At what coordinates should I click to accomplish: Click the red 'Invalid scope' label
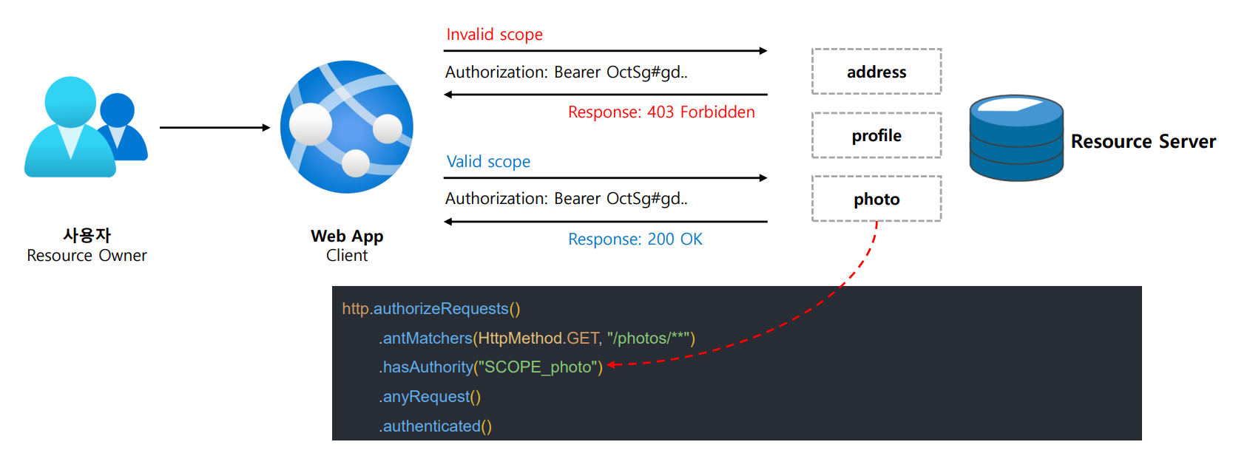pos(494,35)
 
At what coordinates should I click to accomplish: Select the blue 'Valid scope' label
pos(488,162)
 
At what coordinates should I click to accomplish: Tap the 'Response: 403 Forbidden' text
pos(661,112)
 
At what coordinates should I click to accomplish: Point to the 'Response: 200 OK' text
pos(635,239)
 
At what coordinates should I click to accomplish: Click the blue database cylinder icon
pos(1016,138)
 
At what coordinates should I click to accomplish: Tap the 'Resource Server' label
pos(1144,142)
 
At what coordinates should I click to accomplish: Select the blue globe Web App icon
pos(347,127)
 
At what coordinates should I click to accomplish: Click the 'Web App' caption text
pos(347,236)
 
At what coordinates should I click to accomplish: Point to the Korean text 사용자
pos(87,236)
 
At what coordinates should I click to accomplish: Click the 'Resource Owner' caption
pos(87,256)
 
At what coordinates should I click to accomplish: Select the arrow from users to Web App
pos(215,128)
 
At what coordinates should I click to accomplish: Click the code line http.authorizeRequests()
pos(431,309)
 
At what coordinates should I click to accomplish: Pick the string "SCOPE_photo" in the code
pos(539,367)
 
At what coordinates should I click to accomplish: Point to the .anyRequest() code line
pos(430,397)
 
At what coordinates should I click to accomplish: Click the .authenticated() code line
pos(436,426)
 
